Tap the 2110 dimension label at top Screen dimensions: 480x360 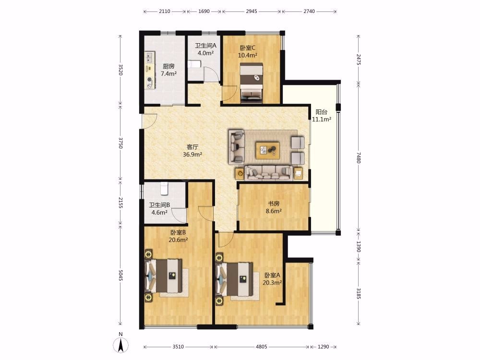click(164, 12)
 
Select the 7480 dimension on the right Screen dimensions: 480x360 click(359, 157)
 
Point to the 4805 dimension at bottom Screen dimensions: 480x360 click(262, 347)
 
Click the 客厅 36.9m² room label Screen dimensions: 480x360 click(192, 151)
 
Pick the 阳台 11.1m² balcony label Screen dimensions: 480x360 click(322, 116)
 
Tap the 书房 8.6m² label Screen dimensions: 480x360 click(274, 207)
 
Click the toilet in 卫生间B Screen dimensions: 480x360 click(164, 189)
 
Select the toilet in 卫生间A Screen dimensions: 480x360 click(194, 64)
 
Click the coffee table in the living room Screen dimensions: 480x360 click(267, 150)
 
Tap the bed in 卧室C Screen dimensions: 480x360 click(252, 82)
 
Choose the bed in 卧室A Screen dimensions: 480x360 click(235, 279)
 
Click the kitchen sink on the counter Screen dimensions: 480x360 click(149, 56)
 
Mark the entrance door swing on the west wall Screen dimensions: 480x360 click(149, 121)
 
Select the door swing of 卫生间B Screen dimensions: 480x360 click(179, 216)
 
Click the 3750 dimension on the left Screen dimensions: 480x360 click(120, 143)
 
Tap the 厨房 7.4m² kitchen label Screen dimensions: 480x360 click(168, 70)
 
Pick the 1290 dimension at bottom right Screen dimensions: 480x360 click(323, 347)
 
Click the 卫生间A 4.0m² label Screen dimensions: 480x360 click(206, 49)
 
